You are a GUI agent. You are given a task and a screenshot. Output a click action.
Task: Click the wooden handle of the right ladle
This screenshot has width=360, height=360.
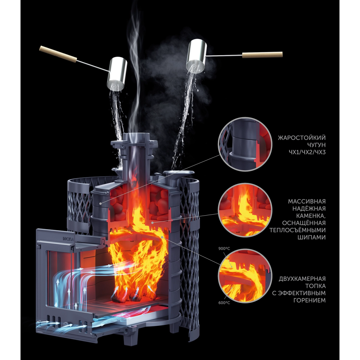262,55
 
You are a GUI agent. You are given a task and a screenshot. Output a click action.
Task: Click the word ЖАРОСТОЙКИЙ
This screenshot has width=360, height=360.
302,138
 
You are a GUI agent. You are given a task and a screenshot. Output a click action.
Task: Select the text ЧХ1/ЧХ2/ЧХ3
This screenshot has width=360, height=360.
307,152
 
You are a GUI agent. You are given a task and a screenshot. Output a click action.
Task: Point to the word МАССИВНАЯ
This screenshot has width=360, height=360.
307,201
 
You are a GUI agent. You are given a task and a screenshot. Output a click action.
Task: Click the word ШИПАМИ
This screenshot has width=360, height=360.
311,237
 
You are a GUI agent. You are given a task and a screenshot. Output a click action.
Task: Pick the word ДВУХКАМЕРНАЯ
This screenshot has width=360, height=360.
302,279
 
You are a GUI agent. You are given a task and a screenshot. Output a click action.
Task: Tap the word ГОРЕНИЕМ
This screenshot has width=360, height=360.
310,300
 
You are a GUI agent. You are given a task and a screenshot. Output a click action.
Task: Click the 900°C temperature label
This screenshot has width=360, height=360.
224,249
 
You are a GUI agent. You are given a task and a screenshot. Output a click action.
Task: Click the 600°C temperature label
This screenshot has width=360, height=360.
224,303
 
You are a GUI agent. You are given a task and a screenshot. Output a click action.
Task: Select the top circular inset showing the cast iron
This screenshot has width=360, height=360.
245,145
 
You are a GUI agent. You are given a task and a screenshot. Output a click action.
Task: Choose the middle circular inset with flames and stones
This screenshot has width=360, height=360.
245,210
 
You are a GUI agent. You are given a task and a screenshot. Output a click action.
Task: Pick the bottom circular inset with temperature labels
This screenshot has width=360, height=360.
245,276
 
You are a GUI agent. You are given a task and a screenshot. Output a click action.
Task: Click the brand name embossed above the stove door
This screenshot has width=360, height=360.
68,239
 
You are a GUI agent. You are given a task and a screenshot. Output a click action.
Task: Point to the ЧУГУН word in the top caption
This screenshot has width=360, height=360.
316,145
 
